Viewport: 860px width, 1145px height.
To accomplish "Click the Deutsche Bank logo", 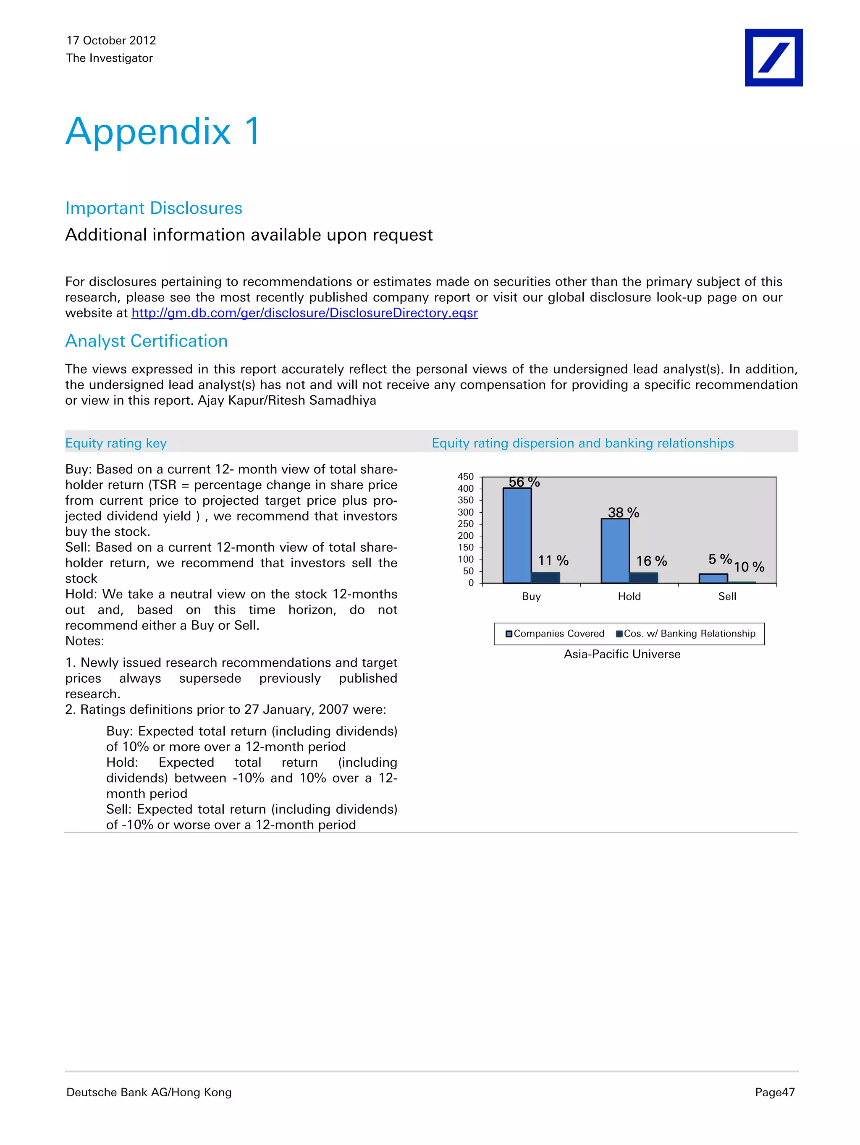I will (x=773, y=58).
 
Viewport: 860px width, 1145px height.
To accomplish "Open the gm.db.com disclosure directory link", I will (x=304, y=313).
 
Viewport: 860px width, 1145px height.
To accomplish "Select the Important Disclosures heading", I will (x=154, y=208).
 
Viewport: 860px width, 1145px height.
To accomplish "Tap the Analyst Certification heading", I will (x=147, y=341).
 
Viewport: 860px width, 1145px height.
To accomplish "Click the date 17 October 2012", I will (x=111, y=40).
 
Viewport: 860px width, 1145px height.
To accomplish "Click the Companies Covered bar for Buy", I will (x=517, y=536).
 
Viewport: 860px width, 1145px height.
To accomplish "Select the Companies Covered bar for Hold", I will (x=615, y=551).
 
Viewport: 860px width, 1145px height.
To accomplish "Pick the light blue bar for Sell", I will (x=713, y=578).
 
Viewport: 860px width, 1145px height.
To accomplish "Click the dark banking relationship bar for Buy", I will (x=545, y=578).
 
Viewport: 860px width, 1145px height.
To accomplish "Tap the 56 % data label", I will (x=524, y=482).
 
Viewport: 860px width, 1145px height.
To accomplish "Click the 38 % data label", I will (x=624, y=512).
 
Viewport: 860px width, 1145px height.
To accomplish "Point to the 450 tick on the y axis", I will (x=465, y=477).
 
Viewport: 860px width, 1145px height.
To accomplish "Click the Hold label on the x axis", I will (x=629, y=596).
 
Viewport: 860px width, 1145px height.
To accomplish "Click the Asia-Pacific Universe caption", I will (x=622, y=654).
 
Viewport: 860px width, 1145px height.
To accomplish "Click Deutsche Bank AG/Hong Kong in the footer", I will (x=149, y=1092).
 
